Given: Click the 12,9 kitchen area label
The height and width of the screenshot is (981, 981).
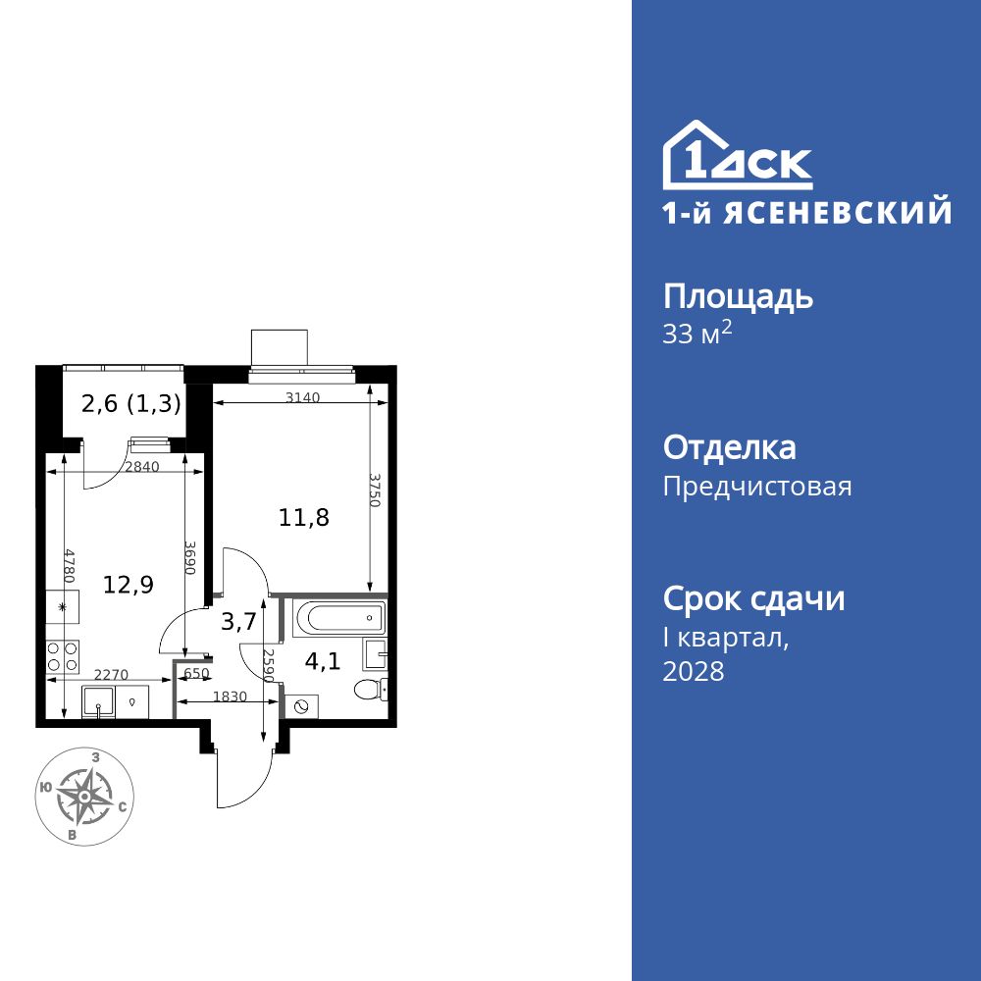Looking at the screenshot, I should click(x=129, y=585).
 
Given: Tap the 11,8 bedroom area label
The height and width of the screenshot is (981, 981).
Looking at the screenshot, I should click(x=303, y=518).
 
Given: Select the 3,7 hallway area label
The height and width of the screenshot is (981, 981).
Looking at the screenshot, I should click(x=239, y=620).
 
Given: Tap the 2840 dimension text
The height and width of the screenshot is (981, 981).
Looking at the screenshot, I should click(x=141, y=467).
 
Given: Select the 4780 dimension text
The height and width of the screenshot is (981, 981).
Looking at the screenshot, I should click(x=70, y=567).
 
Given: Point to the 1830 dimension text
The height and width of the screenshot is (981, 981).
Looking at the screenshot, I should click(x=232, y=697).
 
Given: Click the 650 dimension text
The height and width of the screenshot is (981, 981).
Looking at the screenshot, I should click(x=195, y=673).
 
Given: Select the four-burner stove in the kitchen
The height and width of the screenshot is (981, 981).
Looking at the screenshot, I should click(x=62, y=656).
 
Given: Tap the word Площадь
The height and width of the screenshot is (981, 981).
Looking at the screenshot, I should click(x=738, y=297).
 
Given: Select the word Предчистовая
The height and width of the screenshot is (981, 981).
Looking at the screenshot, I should click(x=757, y=487).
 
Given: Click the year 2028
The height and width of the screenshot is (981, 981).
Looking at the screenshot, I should click(x=694, y=672).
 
